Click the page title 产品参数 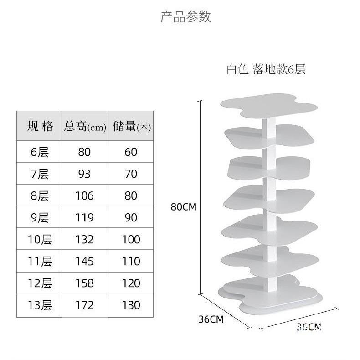click(185, 17)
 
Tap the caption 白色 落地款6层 click(266, 69)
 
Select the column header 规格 click(40, 126)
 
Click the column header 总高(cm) click(85, 126)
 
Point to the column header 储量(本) click(131, 126)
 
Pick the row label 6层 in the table click(40, 152)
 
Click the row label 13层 click(40, 305)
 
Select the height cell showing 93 click(84, 174)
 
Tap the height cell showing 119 click(84, 217)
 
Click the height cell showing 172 click(84, 305)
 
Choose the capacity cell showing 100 click(131, 239)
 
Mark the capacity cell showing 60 click(131, 152)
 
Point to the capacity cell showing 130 click(131, 305)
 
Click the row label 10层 click(40, 239)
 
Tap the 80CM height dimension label click(183, 206)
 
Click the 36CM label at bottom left click(211, 319)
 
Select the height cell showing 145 click(84, 261)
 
